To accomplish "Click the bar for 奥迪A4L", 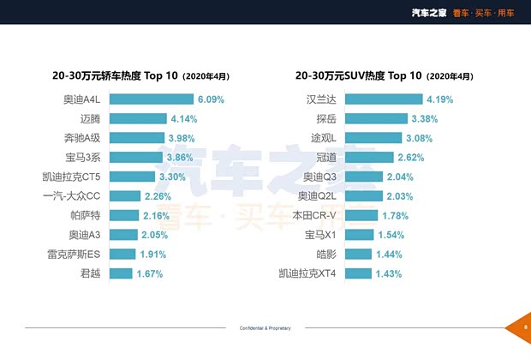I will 152,99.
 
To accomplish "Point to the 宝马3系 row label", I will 83,158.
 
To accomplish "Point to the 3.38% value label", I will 425,118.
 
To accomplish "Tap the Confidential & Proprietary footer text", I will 265,328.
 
